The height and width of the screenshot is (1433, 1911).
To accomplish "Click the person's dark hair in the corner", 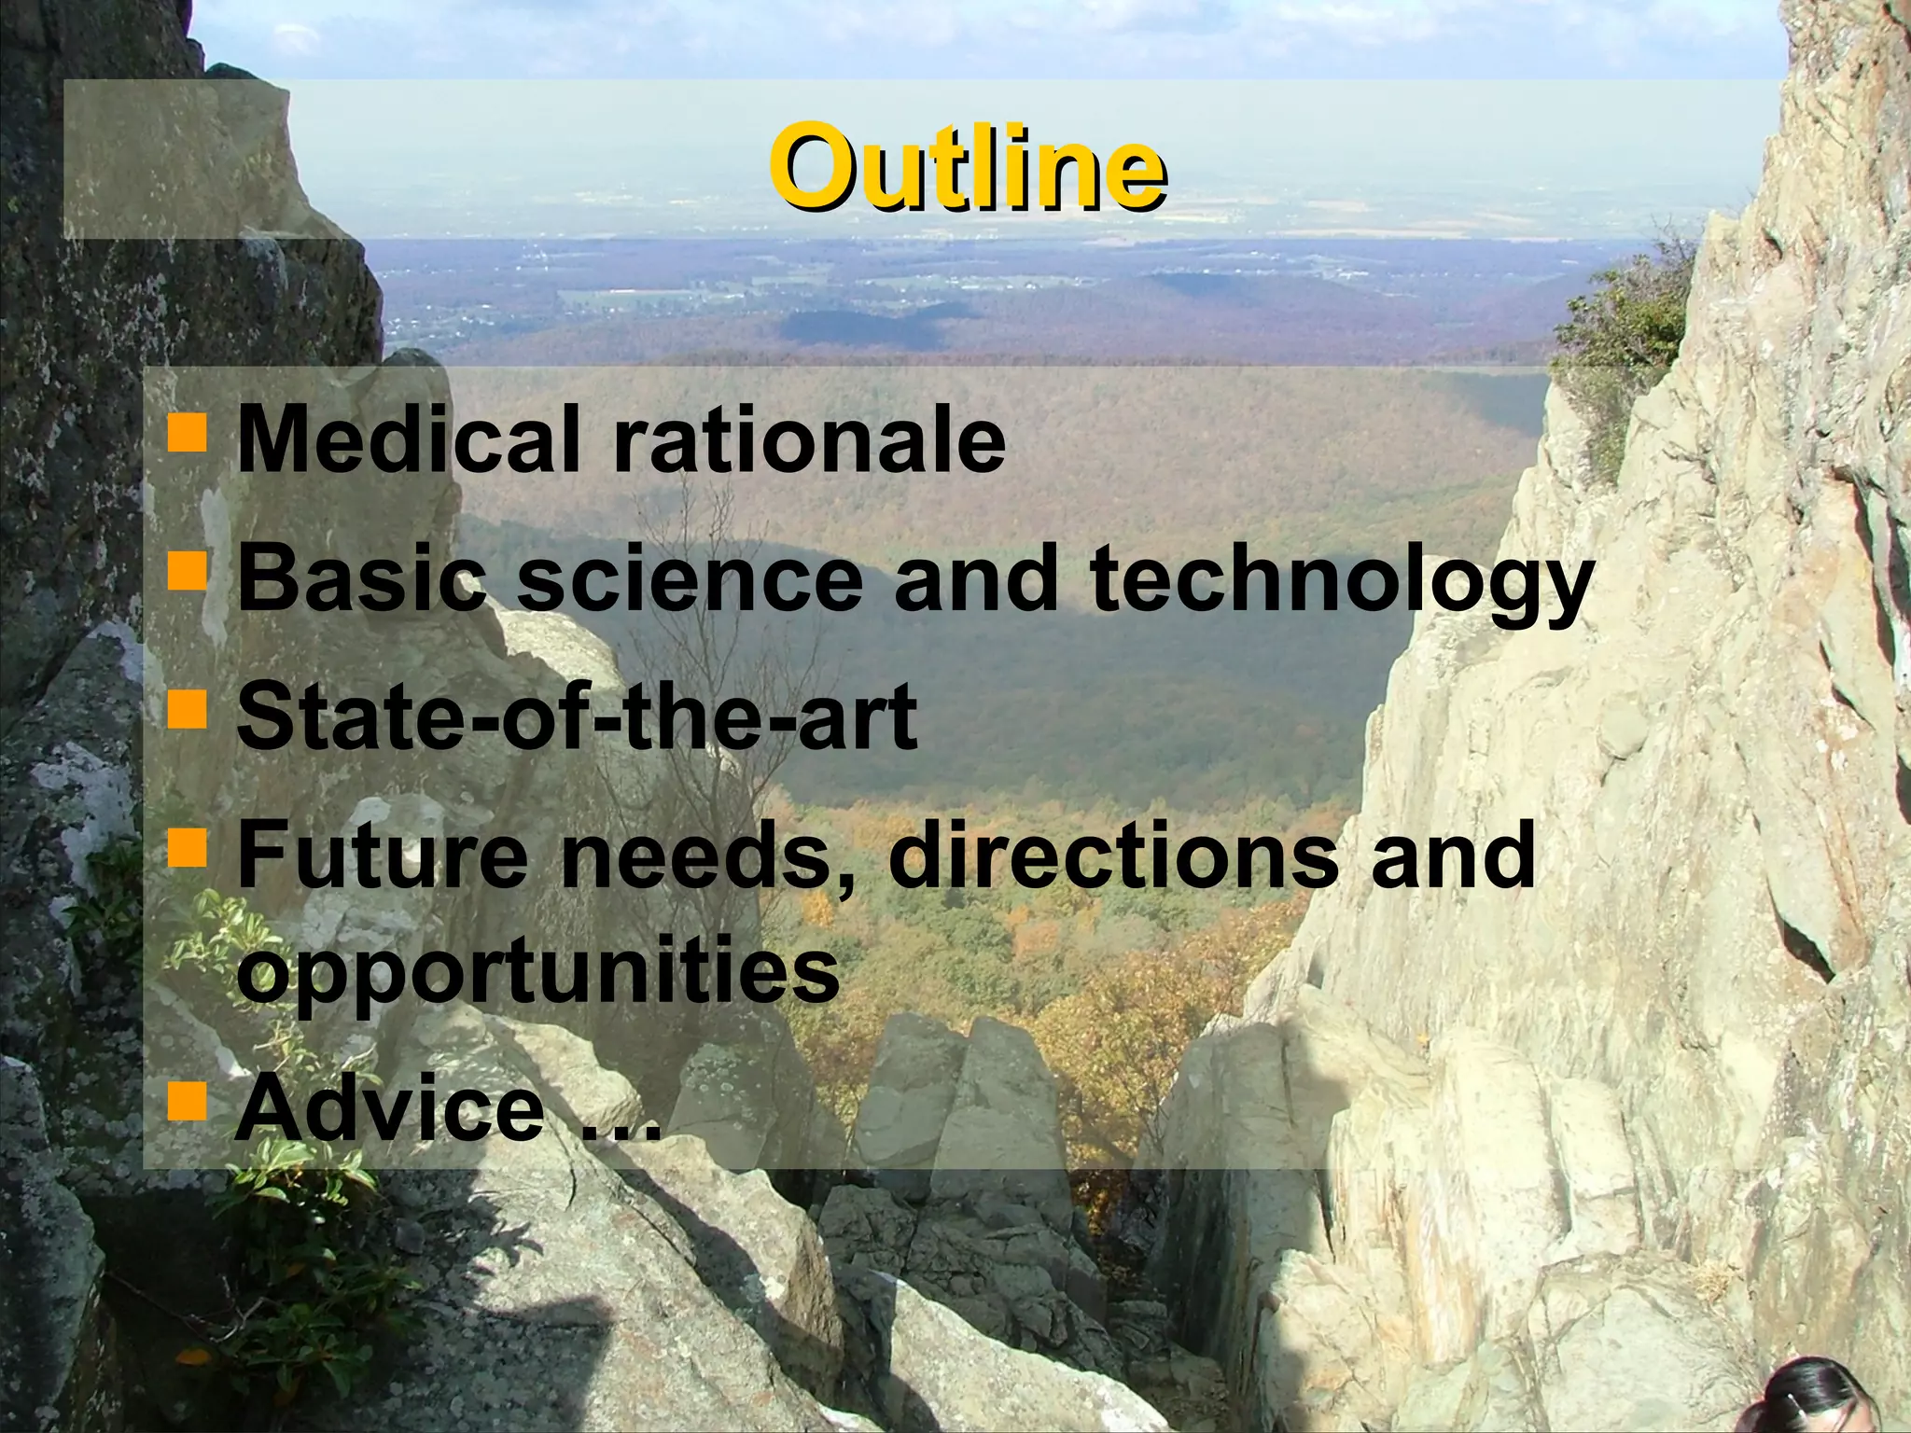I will pyautogui.click(x=1829, y=1399).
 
